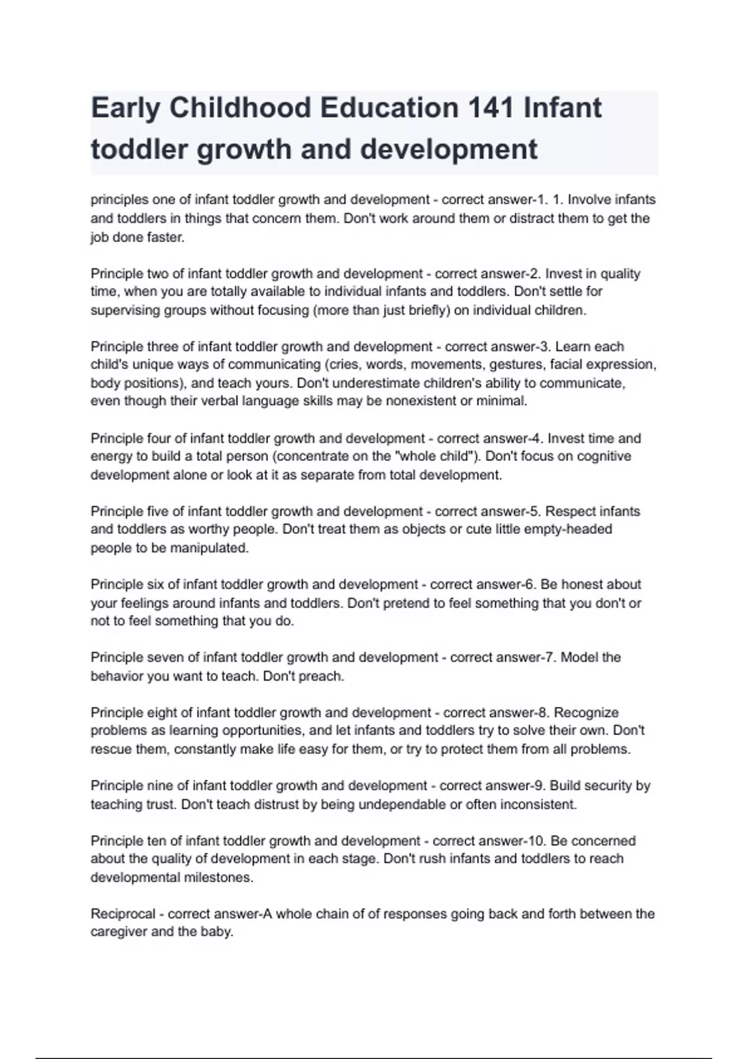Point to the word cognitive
click(603, 456)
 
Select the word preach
click(322, 676)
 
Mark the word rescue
click(110, 749)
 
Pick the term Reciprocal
click(123, 914)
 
